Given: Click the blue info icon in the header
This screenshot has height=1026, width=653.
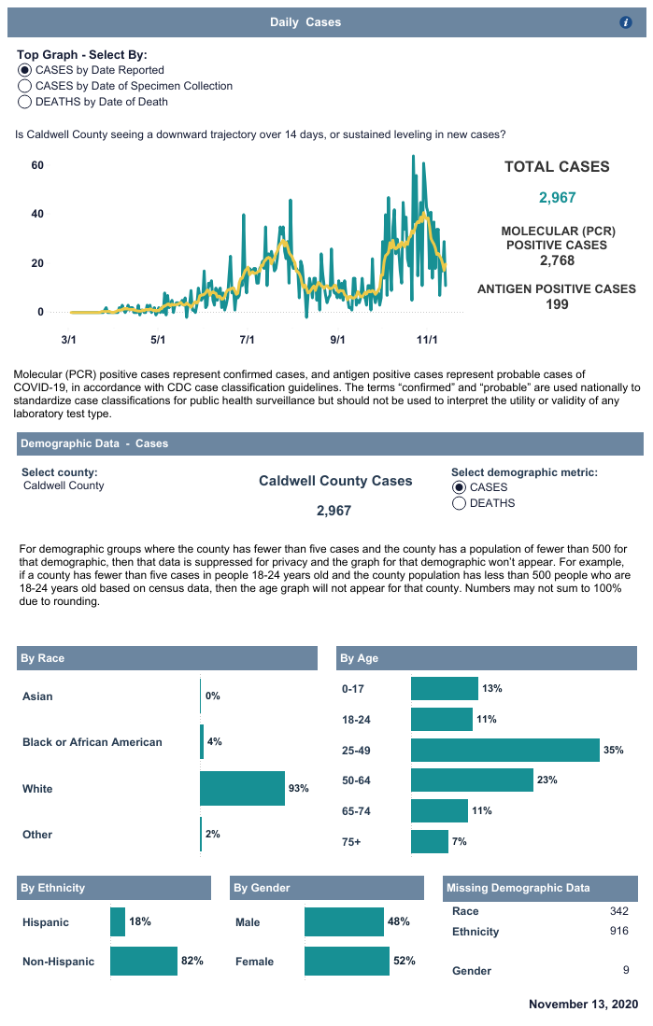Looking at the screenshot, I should click(x=626, y=21).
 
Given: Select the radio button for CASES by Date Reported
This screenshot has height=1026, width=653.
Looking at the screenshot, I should click(x=25, y=70).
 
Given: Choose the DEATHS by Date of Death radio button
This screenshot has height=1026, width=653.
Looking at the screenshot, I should click(x=25, y=102).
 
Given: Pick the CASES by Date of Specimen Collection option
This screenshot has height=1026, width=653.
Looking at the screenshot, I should click(x=25, y=86).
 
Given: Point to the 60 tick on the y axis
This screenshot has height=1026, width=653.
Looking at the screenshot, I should click(x=38, y=165).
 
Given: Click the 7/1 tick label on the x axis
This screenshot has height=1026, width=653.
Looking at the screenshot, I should click(x=248, y=340).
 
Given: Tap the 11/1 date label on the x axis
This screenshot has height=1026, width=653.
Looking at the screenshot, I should click(x=427, y=340).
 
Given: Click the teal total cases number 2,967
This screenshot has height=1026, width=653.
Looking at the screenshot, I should click(x=557, y=197).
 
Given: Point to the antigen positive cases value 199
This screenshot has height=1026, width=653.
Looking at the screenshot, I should click(x=557, y=304).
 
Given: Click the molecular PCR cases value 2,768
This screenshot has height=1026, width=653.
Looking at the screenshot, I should click(x=557, y=260).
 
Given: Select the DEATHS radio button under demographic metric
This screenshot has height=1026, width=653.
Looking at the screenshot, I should click(x=460, y=503).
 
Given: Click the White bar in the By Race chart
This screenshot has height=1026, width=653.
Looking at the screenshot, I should click(x=242, y=789).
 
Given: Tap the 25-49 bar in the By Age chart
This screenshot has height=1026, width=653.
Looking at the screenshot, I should click(x=504, y=750).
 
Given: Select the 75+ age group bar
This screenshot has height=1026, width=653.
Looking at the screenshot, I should click(x=430, y=841).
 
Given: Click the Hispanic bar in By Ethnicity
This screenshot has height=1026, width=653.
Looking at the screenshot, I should click(x=118, y=921).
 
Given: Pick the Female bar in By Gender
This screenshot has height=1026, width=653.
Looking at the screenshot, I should click(x=347, y=961).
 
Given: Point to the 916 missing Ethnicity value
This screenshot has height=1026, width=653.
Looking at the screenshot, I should click(x=618, y=931).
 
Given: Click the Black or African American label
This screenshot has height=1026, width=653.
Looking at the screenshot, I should click(x=92, y=742).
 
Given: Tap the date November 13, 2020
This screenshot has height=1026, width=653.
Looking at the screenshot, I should click(x=583, y=1005).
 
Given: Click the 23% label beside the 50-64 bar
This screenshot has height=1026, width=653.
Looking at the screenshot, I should click(x=547, y=780).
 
